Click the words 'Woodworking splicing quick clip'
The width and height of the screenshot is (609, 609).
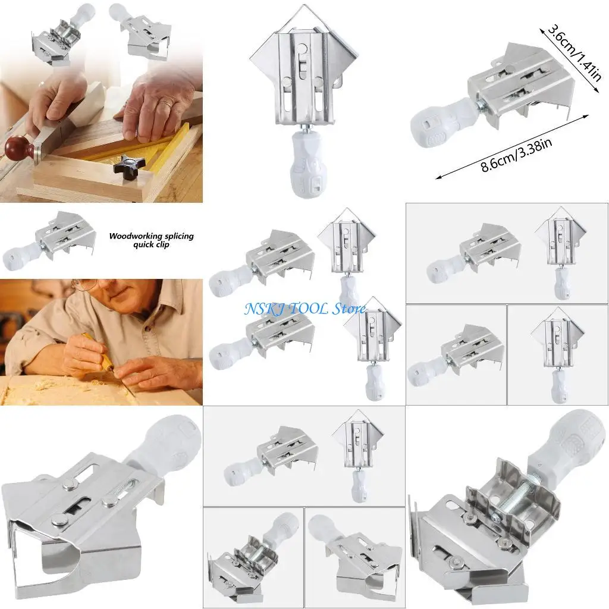pyautogui.click(x=151, y=240)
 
